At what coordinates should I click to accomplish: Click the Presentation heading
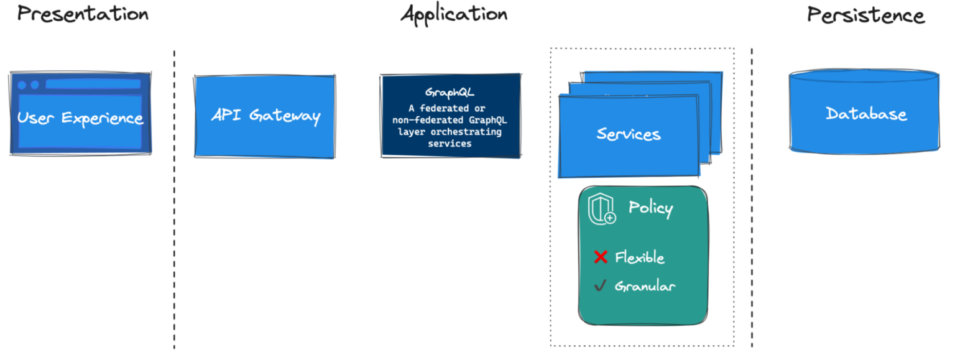(x=83, y=14)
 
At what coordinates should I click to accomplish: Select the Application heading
(x=454, y=14)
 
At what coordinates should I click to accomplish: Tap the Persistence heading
(x=865, y=15)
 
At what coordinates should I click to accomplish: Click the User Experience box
(x=80, y=117)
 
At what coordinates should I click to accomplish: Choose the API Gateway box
(x=265, y=116)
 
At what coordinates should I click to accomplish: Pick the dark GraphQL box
(x=450, y=116)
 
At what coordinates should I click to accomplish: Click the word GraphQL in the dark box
(x=450, y=93)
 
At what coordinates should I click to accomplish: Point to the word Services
(x=629, y=134)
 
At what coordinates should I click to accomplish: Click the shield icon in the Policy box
(x=601, y=208)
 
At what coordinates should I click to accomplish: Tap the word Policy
(x=650, y=208)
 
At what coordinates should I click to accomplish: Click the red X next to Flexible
(x=601, y=257)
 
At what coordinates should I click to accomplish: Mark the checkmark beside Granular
(x=600, y=286)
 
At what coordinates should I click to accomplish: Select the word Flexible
(x=640, y=257)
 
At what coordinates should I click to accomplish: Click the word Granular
(x=645, y=287)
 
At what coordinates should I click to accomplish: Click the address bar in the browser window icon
(x=93, y=85)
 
